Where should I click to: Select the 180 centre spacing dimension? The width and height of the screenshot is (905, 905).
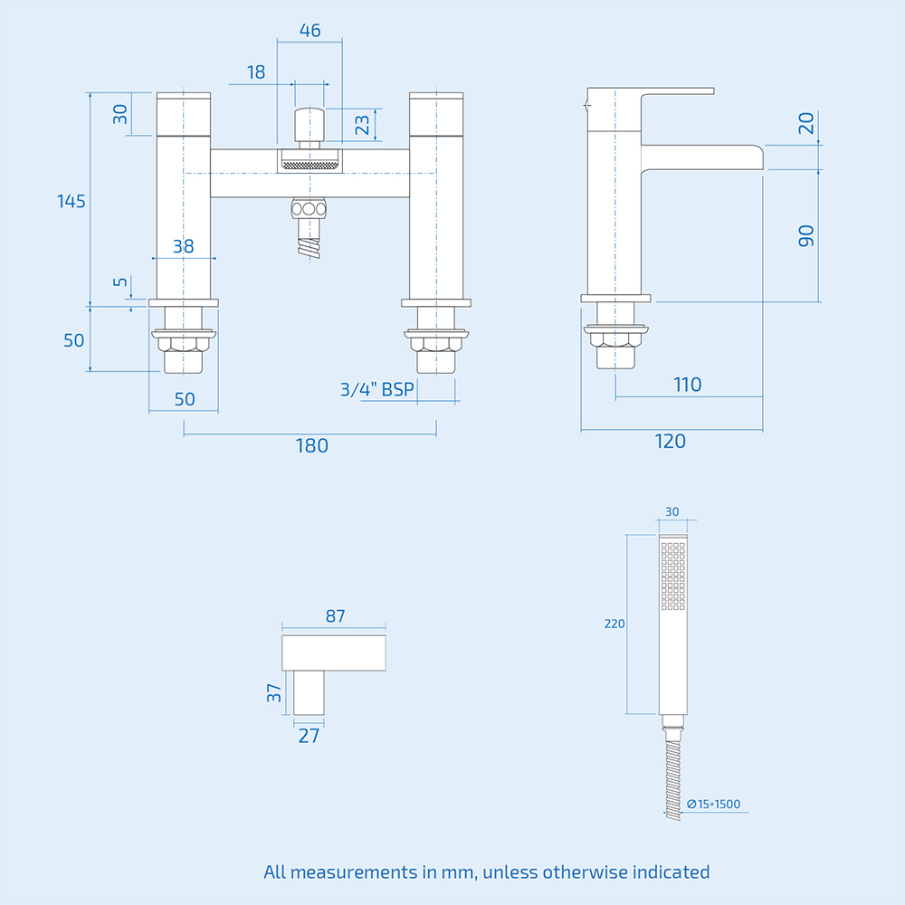[310, 445]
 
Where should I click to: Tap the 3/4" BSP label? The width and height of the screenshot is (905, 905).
[376, 390]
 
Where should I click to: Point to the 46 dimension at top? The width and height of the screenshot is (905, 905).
[310, 30]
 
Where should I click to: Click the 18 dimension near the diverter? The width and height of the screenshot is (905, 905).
[256, 72]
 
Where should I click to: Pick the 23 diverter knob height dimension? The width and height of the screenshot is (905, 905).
[363, 124]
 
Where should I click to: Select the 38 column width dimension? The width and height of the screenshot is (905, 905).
[184, 245]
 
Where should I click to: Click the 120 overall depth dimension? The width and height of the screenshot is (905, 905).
[671, 442]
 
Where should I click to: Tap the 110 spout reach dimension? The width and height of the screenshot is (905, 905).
[687, 385]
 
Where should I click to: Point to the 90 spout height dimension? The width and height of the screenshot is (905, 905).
[806, 236]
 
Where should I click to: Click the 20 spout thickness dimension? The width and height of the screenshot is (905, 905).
[806, 123]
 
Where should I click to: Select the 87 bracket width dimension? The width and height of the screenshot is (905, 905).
[335, 615]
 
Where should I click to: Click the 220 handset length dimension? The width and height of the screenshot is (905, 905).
[614, 624]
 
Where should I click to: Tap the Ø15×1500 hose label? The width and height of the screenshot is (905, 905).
[719, 804]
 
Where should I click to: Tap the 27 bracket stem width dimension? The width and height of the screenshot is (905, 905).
[309, 736]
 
